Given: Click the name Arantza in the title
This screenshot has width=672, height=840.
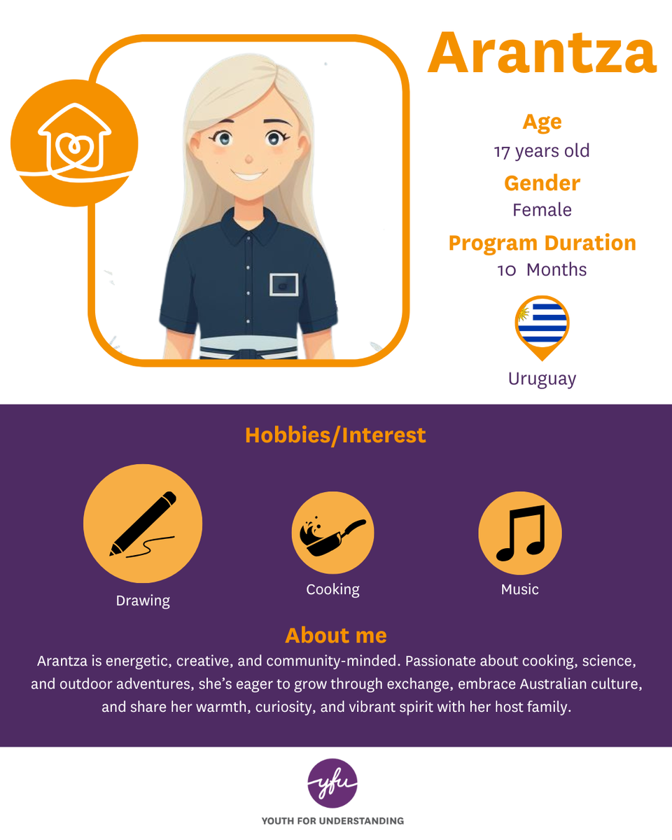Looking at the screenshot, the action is coord(542,52).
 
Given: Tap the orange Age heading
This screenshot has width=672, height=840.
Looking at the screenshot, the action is coord(542,122).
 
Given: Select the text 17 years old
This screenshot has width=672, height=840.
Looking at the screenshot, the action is coord(542,151).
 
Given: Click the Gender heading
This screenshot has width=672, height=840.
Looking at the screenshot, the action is coord(542,183).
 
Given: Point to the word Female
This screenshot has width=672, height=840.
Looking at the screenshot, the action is coord(542,210).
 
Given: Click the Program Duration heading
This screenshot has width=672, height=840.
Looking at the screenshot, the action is coord(542,243).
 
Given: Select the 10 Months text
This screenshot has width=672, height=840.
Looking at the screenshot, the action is coord(542,269).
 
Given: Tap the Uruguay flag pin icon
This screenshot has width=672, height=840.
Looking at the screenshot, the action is coord(542,327).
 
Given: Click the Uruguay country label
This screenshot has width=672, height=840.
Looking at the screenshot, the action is coord(542,379).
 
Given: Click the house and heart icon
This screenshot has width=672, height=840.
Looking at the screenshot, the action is coord(74,143).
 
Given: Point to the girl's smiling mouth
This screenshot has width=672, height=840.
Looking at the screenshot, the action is coord(248,175).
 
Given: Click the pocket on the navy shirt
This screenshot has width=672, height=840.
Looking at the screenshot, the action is coord(284,285).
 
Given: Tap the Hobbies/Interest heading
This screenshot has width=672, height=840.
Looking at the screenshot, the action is coord(335,435).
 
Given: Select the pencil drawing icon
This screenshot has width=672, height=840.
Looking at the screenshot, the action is coord(143,524).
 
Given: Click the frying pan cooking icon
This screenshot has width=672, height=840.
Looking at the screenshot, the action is coord(332,533).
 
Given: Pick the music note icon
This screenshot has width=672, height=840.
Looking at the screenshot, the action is coord(520,533).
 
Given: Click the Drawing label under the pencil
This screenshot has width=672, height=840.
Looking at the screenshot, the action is coord(143,601).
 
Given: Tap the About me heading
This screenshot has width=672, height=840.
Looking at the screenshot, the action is coord(336,636).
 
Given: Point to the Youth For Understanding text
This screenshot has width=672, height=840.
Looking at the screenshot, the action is coord(332,821).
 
